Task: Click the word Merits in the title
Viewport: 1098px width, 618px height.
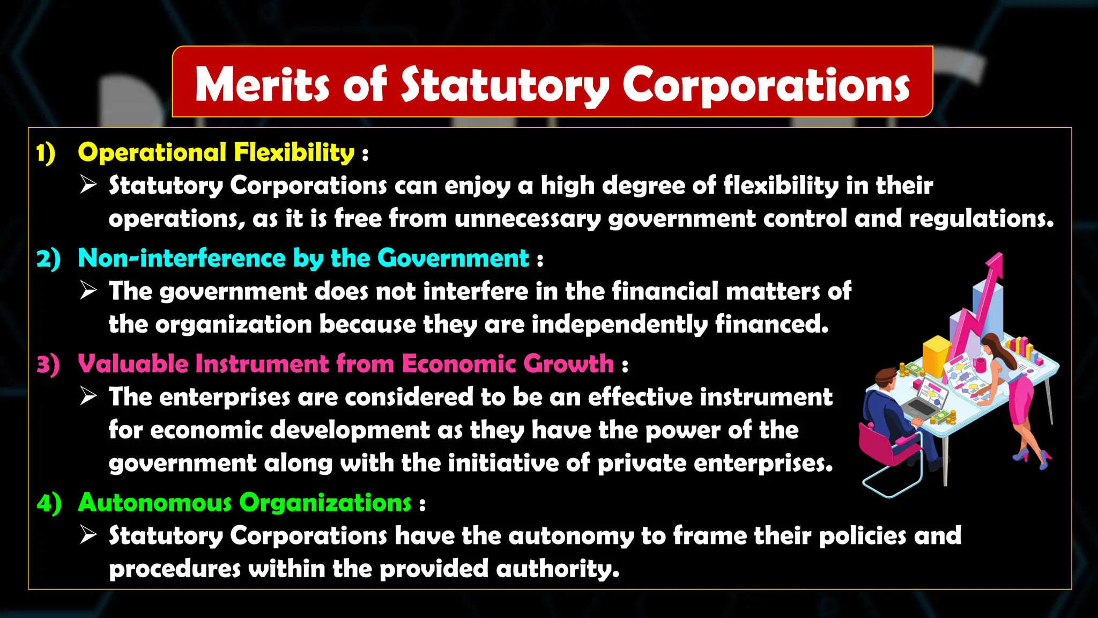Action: (261, 85)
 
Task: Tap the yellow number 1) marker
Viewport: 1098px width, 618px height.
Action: (46, 153)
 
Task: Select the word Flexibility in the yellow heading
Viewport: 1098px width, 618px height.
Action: (294, 153)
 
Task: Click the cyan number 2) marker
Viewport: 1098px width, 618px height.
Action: (48, 259)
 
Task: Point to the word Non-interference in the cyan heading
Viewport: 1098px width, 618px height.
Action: (182, 258)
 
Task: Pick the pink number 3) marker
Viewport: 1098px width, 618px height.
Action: (48, 365)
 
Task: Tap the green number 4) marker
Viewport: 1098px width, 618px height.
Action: (49, 503)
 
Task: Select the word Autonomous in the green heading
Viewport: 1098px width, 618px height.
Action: (154, 503)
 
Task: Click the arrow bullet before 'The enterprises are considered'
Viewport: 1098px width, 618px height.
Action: (88, 397)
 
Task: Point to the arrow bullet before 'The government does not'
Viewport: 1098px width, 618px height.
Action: (88, 291)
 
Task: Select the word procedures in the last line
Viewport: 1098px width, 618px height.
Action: (175, 569)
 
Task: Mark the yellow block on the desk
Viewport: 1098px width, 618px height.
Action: (936, 354)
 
